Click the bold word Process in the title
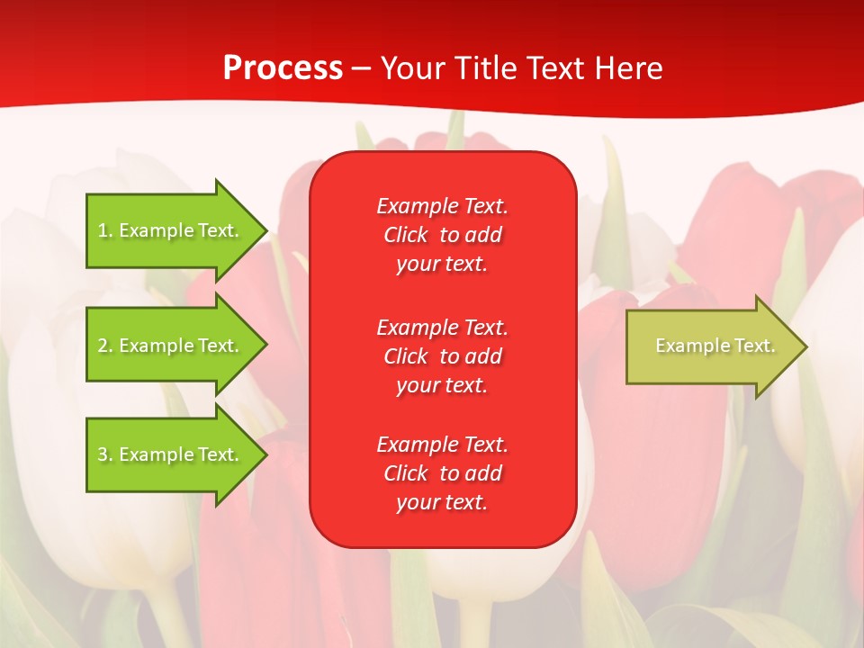coord(283,68)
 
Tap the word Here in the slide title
coord(628,68)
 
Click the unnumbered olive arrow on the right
coord(711,346)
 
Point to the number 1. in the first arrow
coord(104,230)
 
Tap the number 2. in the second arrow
coord(104,346)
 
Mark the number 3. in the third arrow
coord(104,454)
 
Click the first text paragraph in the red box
coord(442,235)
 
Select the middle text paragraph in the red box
coord(442,356)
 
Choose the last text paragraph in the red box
coord(442,473)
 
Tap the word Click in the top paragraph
coord(406,235)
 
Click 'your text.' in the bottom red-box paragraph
coord(442,502)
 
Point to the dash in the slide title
coord(362,68)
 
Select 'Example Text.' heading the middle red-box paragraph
coord(442,328)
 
